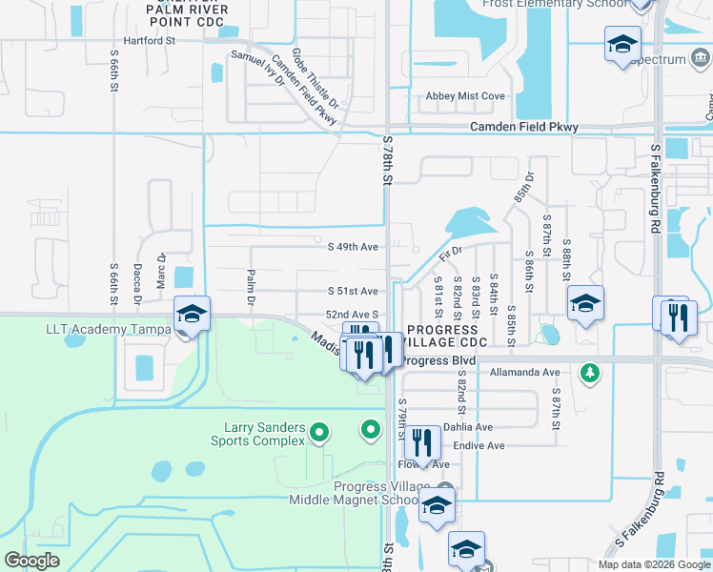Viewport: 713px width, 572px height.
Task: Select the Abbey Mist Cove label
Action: pos(465,96)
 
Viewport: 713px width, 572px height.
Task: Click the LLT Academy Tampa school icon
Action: pos(192,315)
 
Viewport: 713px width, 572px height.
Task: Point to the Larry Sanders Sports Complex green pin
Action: pos(319,435)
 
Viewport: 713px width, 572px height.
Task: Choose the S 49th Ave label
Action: pos(354,247)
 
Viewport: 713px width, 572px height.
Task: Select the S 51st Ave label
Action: pos(354,291)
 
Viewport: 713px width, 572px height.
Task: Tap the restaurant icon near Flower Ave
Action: pos(421,443)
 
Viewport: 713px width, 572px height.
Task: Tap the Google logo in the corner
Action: pos(31,560)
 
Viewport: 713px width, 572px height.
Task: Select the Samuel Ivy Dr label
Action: pos(259,67)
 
